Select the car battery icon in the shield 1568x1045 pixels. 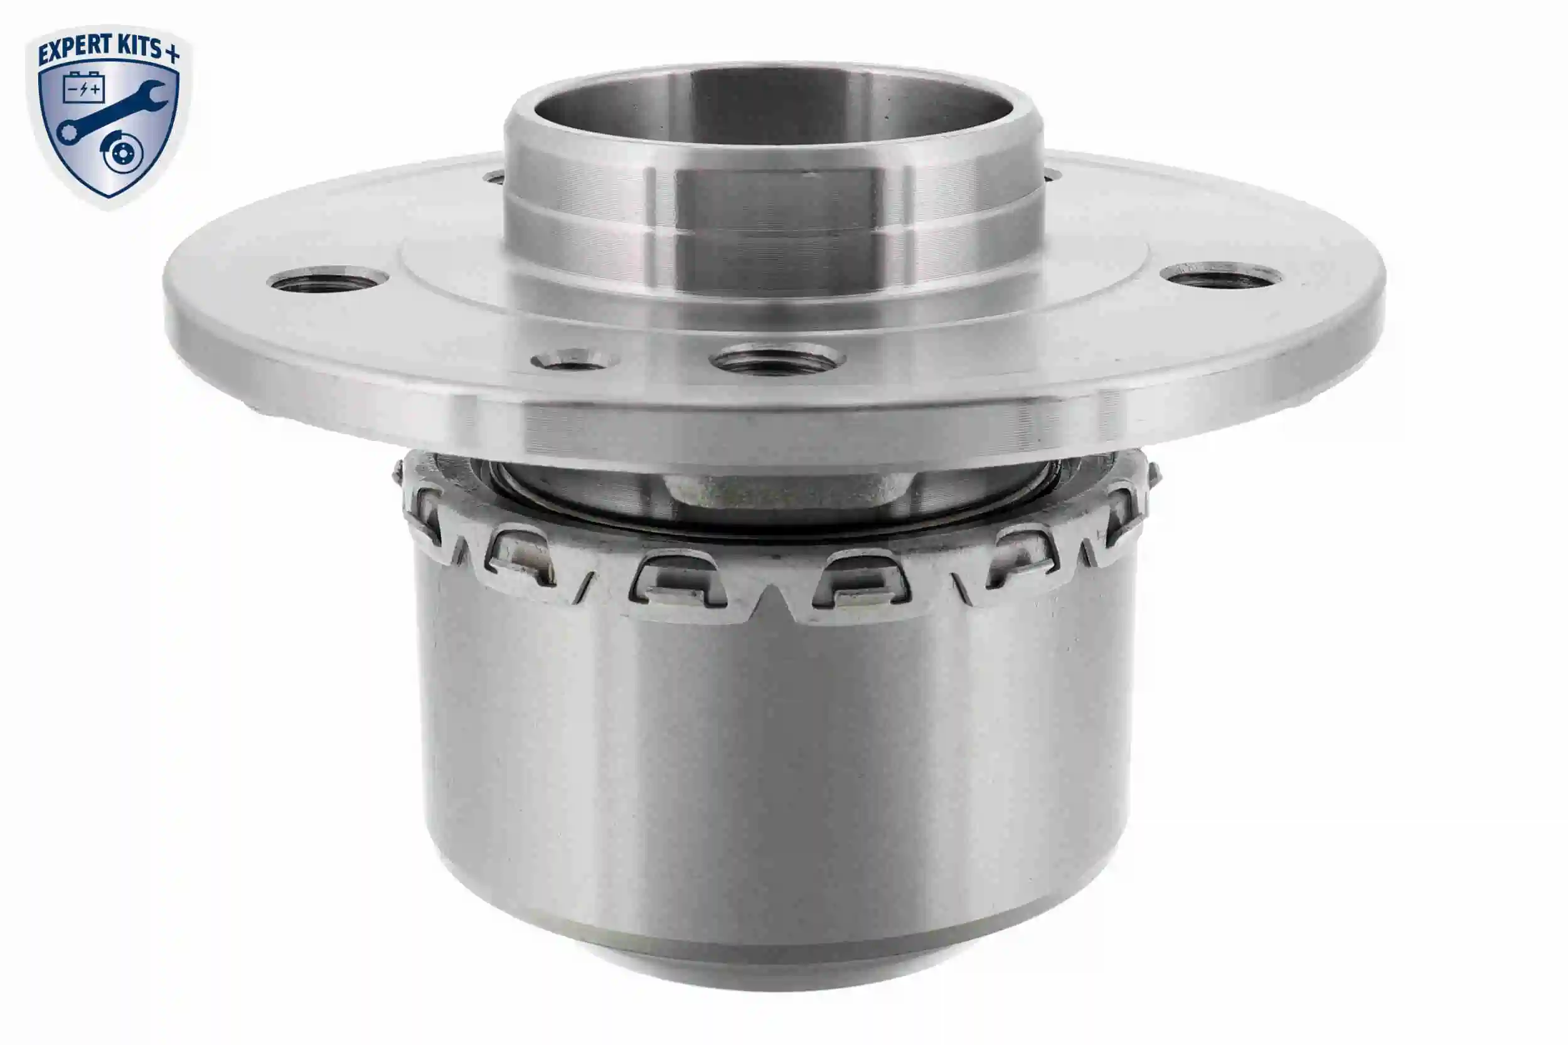click(x=83, y=88)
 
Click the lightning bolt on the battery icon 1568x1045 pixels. click(x=83, y=89)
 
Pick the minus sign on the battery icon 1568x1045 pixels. click(x=72, y=89)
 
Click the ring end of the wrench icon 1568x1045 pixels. click(x=67, y=132)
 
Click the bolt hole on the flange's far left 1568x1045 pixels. click(x=328, y=280)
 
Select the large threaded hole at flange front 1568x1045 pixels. click(x=777, y=361)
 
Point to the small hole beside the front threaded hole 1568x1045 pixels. click(x=575, y=361)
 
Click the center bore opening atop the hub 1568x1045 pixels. click(x=773, y=107)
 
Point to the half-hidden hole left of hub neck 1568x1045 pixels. click(x=494, y=177)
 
